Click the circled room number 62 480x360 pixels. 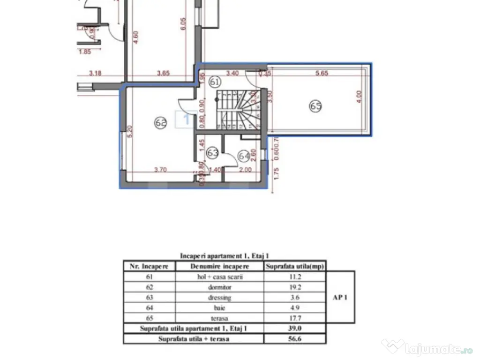click(161, 123)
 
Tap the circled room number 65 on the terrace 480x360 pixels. click(315, 106)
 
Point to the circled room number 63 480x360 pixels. click(213, 152)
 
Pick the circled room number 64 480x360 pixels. click(244, 155)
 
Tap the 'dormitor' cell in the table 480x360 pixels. click(220, 287)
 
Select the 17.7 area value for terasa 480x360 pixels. click(295, 318)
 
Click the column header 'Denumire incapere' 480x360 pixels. click(220, 266)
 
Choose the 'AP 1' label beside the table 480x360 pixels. click(341, 297)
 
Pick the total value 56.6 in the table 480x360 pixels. click(295, 339)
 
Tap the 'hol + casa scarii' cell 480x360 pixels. click(220, 277)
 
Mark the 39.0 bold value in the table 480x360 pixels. click(295, 329)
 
